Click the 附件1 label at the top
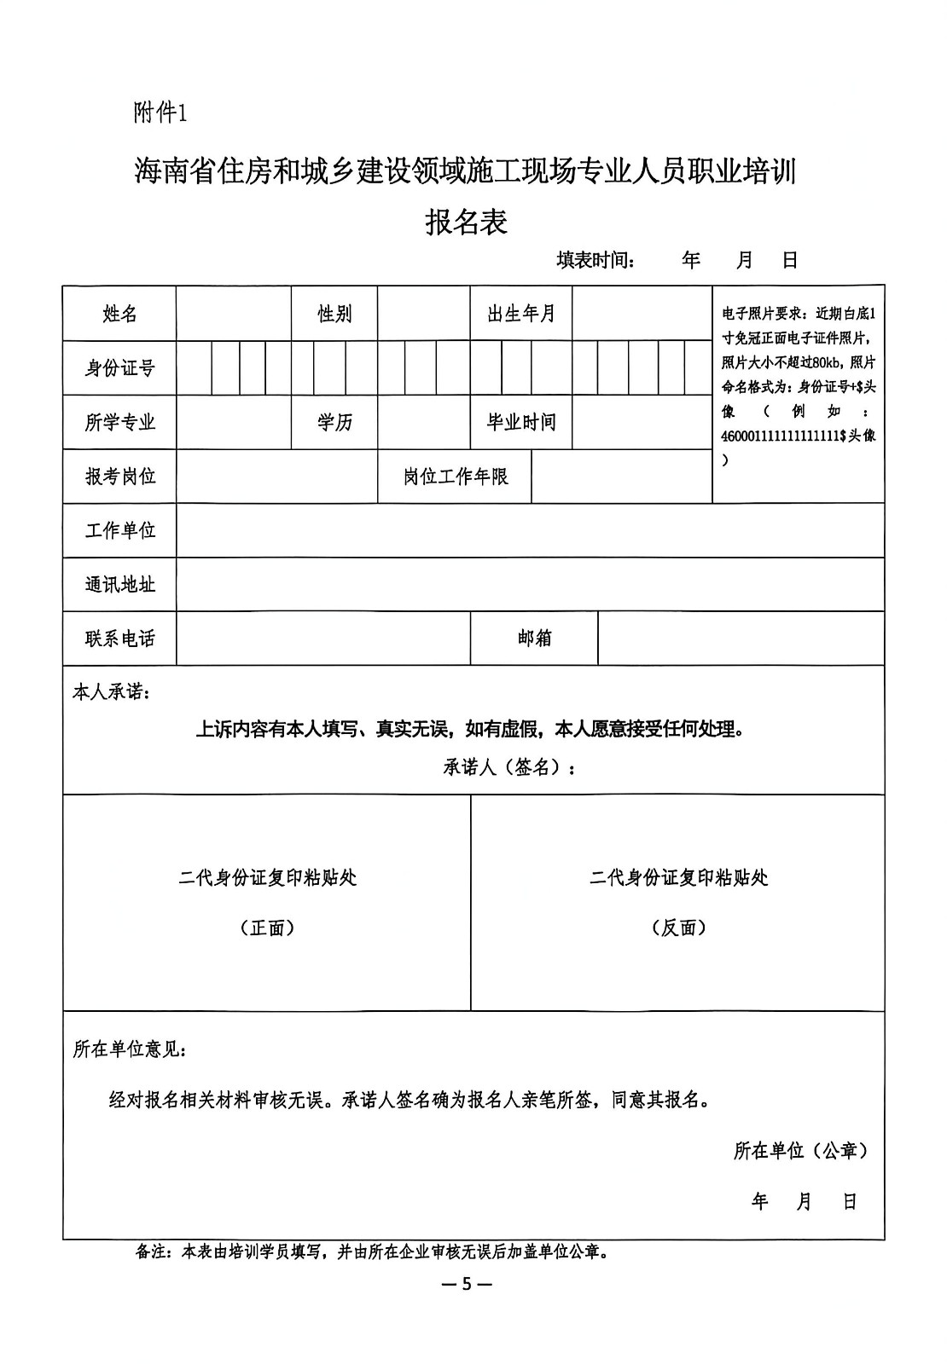(x=160, y=113)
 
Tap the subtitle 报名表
(x=467, y=223)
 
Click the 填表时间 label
(x=596, y=260)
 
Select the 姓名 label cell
(x=119, y=314)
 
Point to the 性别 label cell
(x=334, y=314)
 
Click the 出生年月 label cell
(x=521, y=314)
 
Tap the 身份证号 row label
(x=119, y=368)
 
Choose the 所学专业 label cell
(x=119, y=422)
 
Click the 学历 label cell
(x=334, y=422)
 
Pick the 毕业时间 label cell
(x=521, y=422)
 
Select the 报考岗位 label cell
(x=119, y=477)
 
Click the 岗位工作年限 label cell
(x=456, y=477)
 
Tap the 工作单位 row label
(x=119, y=531)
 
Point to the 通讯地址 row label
(x=119, y=585)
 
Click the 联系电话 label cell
(x=119, y=639)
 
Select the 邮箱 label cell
(x=534, y=639)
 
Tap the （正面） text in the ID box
(x=267, y=928)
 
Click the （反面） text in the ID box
(x=678, y=928)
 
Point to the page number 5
(x=466, y=1284)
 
